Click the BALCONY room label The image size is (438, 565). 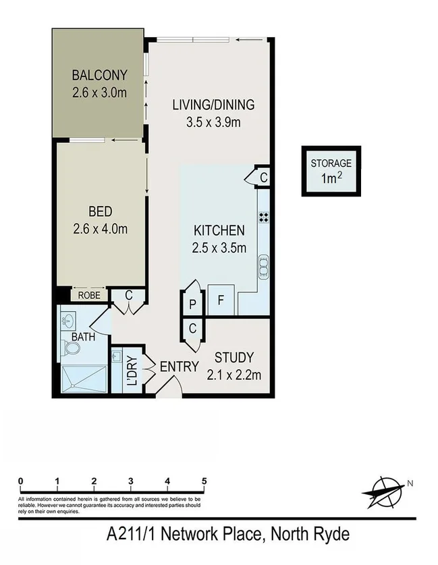(x=99, y=74)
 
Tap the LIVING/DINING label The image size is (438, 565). (x=213, y=105)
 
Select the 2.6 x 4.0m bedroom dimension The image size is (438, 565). (x=100, y=229)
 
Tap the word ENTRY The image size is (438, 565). (x=179, y=367)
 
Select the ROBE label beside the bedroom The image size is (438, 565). (x=88, y=295)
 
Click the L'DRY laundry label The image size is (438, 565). (x=132, y=371)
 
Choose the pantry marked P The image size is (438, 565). (x=192, y=304)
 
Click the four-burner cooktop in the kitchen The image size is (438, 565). (x=263, y=217)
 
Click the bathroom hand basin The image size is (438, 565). (x=67, y=319)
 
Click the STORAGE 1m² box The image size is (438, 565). (x=331, y=171)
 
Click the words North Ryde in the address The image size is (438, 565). (x=310, y=535)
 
